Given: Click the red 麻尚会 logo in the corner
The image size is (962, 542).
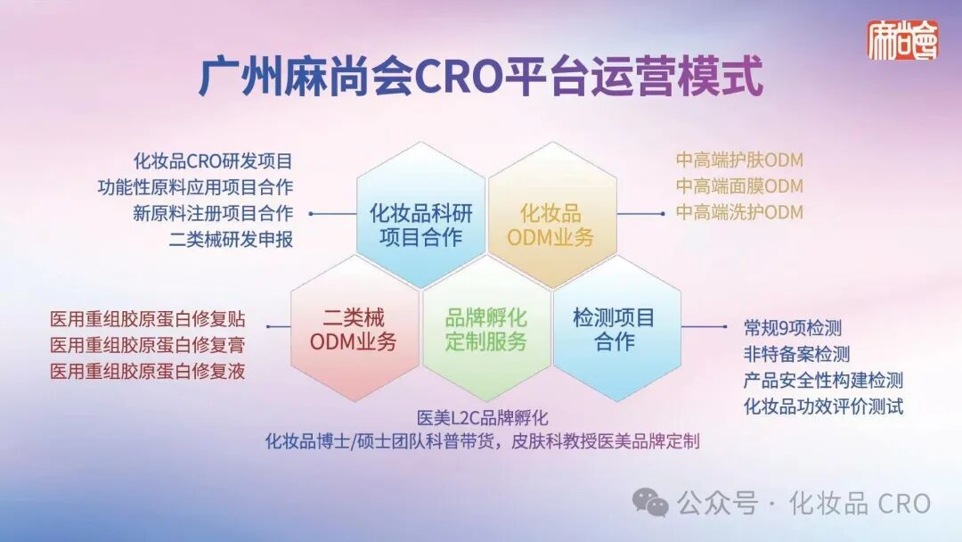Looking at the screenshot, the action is pyautogui.click(x=902, y=40).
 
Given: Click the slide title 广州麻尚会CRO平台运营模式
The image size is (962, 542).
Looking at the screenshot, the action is pyautogui.click(x=481, y=77).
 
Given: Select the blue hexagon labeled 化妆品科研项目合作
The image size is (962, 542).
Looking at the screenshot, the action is pyautogui.click(x=420, y=215).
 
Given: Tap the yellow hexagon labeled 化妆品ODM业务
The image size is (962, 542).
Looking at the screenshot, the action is pyautogui.click(x=551, y=215).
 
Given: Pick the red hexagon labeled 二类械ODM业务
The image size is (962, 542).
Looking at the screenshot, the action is pyautogui.click(x=355, y=329).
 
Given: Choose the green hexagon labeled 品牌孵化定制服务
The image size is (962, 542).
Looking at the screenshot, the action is pyautogui.click(x=486, y=329).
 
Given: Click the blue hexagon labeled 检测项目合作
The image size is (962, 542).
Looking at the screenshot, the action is pyautogui.click(x=616, y=329).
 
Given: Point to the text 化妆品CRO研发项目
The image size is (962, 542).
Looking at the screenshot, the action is pyautogui.click(x=213, y=161).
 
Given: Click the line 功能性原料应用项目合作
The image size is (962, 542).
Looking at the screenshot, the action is pyautogui.click(x=195, y=187).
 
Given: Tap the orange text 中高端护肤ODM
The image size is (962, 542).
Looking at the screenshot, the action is pyautogui.click(x=739, y=160).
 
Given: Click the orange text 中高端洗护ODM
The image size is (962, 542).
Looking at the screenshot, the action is pyautogui.click(x=739, y=212).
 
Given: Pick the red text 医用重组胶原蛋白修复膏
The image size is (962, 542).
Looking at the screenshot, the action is pyautogui.click(x=147, y=345).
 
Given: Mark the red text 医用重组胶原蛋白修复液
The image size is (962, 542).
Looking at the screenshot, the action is pyautogui.click(x=147, y=372).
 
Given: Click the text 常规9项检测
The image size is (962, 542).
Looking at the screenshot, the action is pyautogui.click(x=793, y=328).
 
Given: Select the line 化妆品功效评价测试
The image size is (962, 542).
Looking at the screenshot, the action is pyautogui.click(x=823, y=406).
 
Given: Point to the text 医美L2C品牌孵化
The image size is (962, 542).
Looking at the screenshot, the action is pyautogui.click(x=482, y=418).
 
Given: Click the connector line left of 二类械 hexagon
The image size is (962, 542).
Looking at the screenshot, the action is pyautogui.click(x=279, y=326).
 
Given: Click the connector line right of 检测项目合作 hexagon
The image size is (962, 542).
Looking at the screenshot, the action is pyautogui.click(x=704, y=326).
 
